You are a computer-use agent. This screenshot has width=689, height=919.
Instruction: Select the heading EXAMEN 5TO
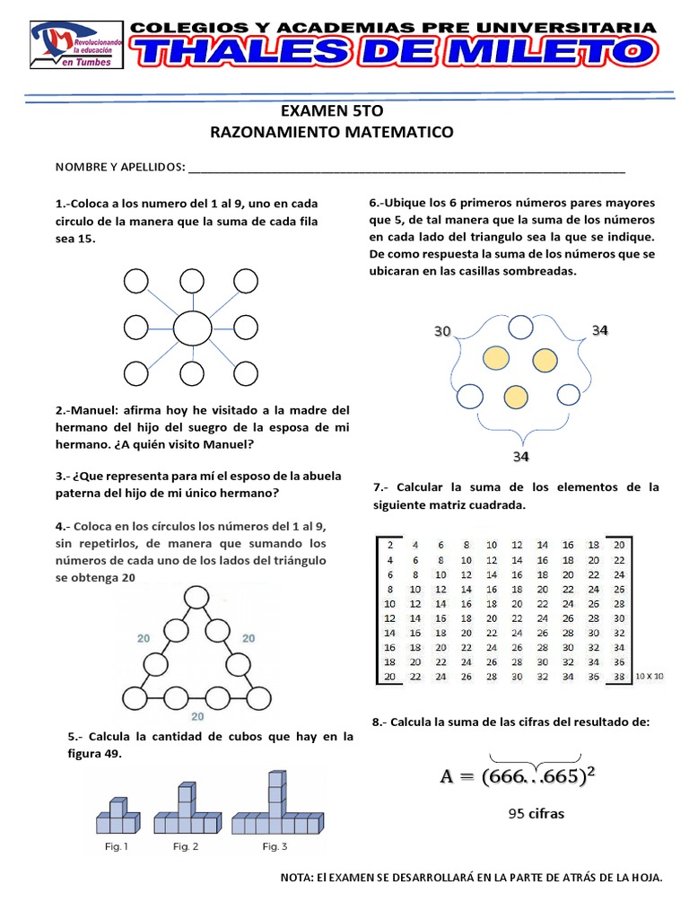pyautogui.click(x=331, y=111)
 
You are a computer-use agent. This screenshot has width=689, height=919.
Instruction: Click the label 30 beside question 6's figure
pyautogui.click(x=442, y=331)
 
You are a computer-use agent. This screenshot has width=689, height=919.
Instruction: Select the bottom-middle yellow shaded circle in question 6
pyautogui.click(x=515, y=396)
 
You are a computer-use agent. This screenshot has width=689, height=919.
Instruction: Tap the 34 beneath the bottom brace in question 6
pyautogui.click(x=521, y=457)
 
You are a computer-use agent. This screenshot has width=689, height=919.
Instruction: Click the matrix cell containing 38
pyautogui.click(x=618, y=676)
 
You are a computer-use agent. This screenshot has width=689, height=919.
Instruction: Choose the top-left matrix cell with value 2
pyautogui.click(x=389, y=544)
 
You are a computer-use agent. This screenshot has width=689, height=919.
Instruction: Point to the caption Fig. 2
pyautogui.click(x=186, y=846)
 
